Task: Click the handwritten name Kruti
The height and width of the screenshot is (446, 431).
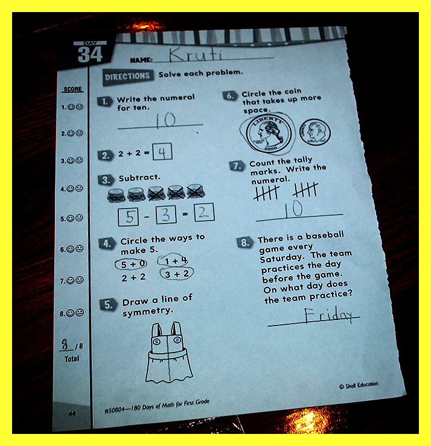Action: pyautogui.click(x=195, y=54)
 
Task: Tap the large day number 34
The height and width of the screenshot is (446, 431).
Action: pyautogui.click(x=90, y=54)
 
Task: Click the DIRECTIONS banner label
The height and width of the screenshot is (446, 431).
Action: pyautogui.click(x=127, y=76)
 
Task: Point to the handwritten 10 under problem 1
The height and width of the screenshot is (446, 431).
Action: pyautogui.click(x=165, y=120)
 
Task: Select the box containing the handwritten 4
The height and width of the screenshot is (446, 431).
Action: pyautogui.click(x=162, y=152)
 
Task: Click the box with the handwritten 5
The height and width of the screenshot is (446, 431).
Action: pyautogui.click(x=128, y=217)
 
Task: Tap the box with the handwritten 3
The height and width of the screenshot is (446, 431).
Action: pyautogui.click(x=166, y=215)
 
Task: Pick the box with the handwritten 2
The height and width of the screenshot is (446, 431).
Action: pyautogui.click(x=204, y=212)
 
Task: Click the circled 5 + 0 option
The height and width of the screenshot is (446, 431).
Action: pyautogui.click(x=131, y=264)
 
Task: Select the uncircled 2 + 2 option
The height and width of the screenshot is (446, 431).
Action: pyautogui.click(x=133, y=277)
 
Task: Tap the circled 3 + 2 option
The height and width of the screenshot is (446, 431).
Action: pyautogui.click(x=177, y=274)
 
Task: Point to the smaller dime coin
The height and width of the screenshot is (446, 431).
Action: pyautogui.click(x=314, y=132)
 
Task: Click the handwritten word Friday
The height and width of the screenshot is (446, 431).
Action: pyautogui.click(x=328, y=315)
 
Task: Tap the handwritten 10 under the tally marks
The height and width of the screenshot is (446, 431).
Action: pyautogui.click(x=294, y=209)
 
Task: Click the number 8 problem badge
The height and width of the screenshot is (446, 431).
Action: pyautogui.click(x=244, y=242)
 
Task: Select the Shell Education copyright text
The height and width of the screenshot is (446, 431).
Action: pyautogui.click(x=359, y=385)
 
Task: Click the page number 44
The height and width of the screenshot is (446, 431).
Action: pyautogui.click(x=72, y=413)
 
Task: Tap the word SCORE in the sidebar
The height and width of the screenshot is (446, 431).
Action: pyautogui.click(x=73, y=89)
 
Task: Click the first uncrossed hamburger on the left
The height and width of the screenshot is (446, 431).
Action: pyautogui.click(x=116, y=195)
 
